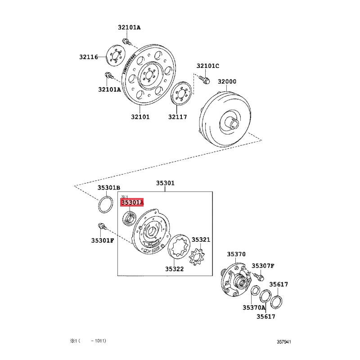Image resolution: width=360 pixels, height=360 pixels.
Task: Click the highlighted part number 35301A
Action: (x=132, y=202)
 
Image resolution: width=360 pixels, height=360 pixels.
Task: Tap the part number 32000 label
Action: (x=227, y=81)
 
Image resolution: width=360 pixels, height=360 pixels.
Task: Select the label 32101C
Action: (x=208, y=66)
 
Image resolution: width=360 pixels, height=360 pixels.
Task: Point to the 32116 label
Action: (x=89, y=57)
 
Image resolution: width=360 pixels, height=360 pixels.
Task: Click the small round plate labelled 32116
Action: (x=115, y=56)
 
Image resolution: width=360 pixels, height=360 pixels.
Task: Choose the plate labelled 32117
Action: (x=182, y=94)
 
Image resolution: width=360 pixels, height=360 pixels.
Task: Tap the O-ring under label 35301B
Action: (x=106, y=205)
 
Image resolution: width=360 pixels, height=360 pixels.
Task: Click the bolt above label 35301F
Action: (x=102, y=226)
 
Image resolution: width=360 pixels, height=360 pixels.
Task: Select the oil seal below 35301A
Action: (x=129, y=219)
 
